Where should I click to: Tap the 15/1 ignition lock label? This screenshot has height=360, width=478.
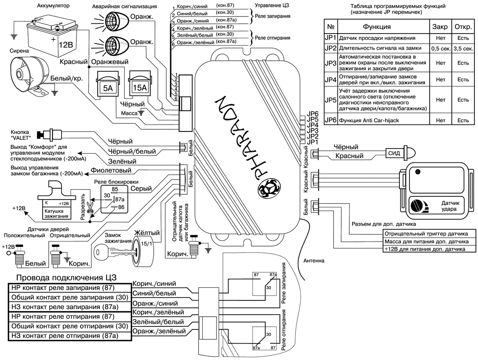pyautogui.click(x=145, y=243)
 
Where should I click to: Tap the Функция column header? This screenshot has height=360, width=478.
pyautogui.click(x=377, y=27)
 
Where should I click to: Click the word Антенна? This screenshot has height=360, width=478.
pyautogui.click(x=314, y=261)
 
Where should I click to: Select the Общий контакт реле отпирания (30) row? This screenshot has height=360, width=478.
pyautogui.click(x=69, y=326)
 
